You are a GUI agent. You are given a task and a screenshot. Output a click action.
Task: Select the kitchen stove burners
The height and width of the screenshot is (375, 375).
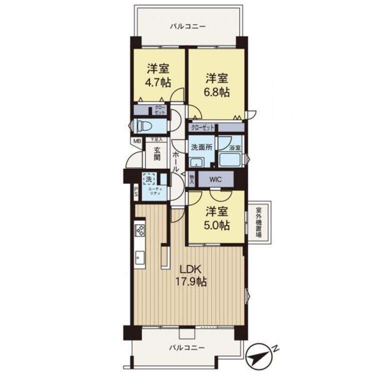coord(140,230)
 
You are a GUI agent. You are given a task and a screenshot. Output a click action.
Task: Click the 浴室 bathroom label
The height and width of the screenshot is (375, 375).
coord(234,148)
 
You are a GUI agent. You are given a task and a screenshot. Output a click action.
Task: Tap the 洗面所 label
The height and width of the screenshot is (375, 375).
coord(201,147)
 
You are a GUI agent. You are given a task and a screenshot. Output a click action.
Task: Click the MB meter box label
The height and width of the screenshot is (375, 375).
coord(136,141)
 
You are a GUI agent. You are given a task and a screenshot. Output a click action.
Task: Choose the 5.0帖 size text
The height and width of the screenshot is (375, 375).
coord(216,225)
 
